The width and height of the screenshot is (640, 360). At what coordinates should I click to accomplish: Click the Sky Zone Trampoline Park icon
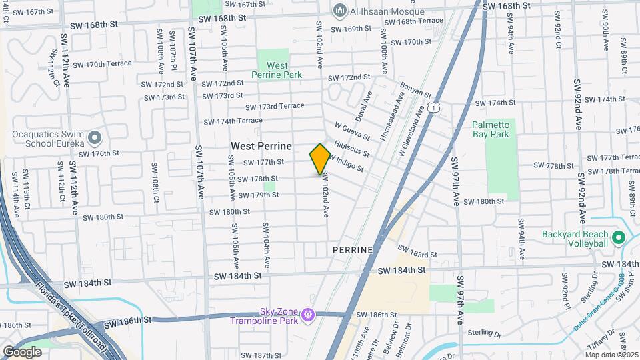(x=307, y=314)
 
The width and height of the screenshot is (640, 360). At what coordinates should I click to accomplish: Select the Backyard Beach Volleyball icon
(x=618, y=238)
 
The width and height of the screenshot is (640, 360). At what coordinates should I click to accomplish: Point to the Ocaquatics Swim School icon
(x=94, y=138)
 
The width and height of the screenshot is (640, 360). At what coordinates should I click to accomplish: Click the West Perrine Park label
(x=277, y=70)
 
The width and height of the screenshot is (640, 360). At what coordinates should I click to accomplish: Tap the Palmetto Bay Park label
(x=491, y=129)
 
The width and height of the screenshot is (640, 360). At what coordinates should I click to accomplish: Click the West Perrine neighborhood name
(x=261, y=145)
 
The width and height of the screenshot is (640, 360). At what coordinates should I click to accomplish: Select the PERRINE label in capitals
(x=353, y=249)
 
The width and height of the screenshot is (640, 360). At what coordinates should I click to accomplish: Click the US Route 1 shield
(x=434, y=107)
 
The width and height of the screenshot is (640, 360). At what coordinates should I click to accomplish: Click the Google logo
(x=22, y=351)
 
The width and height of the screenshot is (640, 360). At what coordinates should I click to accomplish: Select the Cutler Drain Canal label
(x=600, y=308)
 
